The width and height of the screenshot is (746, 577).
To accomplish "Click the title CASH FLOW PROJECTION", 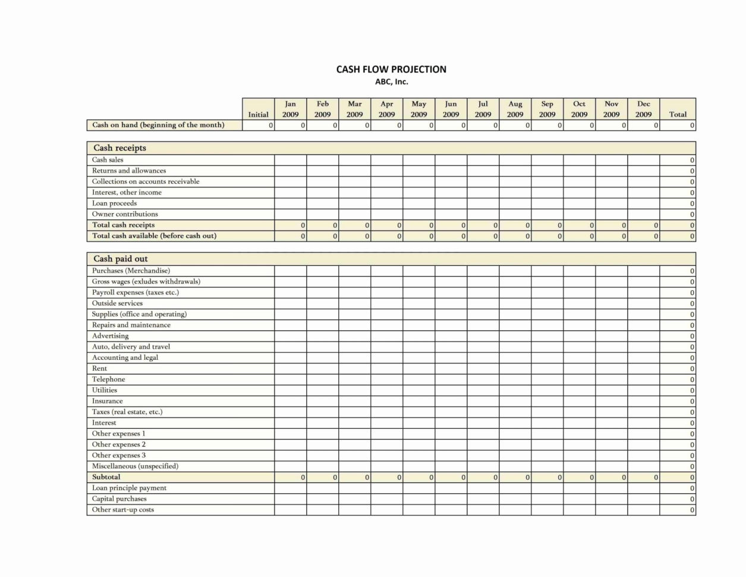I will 391,70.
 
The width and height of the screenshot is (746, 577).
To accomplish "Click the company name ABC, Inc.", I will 391,82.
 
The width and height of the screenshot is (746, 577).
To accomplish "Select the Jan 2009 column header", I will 290,109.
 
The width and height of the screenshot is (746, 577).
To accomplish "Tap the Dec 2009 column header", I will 643,109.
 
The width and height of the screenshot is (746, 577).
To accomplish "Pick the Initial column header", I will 258,114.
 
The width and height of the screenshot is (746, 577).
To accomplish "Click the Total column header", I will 678,114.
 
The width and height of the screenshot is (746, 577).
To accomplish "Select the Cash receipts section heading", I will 119,148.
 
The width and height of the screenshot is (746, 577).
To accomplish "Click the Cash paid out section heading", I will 121,259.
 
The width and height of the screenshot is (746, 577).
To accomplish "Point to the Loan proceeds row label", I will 114,203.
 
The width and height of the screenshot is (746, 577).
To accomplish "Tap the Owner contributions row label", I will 125,214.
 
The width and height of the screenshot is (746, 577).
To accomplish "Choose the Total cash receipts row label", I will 123,225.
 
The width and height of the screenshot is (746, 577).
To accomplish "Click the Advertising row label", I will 110,336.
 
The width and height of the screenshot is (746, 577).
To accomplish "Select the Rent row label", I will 99,369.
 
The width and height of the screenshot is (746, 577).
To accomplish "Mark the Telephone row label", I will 108,380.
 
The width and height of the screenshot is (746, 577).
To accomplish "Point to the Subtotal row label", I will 106,477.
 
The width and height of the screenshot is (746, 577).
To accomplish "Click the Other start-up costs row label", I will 122,510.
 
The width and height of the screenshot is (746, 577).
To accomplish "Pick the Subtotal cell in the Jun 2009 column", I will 451,477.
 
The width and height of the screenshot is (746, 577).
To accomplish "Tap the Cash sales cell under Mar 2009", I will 355,160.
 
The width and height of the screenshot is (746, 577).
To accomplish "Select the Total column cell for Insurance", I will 678,402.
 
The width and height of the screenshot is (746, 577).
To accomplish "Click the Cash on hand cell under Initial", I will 258,126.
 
